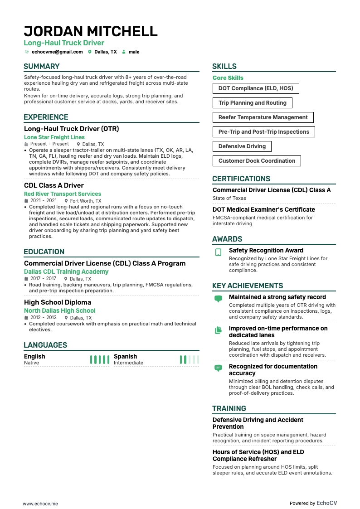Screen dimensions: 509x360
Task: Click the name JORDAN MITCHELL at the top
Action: [x=91, y=31]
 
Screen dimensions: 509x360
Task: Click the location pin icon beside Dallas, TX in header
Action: [x=90, y=52]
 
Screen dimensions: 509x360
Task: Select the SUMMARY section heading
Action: [x=42, y=66]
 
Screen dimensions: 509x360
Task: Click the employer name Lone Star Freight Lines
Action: [x=54, y=137]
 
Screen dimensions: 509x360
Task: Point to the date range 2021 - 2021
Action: [x=44, y=201]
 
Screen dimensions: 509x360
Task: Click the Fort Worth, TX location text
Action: [x=86, y=201]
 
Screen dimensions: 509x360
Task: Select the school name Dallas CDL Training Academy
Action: [x=66, y=271]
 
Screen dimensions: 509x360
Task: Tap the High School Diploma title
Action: [x=58, y=302]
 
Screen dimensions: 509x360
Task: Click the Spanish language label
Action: [x=125, y=357]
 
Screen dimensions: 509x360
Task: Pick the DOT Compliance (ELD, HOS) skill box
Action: [x=256, y=88]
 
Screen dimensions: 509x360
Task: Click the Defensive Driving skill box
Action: [x=242, y=146]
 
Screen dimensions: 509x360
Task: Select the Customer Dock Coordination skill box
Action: [x=257, y=161]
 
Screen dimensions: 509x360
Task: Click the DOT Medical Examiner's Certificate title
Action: [x=264, y=210]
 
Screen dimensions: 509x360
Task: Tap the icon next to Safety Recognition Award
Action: [x=219, y=252]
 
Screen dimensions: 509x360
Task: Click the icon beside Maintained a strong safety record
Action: [x=219, y=299]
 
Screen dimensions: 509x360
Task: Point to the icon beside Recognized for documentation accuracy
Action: [x=219, y=368]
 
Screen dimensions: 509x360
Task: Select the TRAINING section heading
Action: [x=229, y=408]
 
